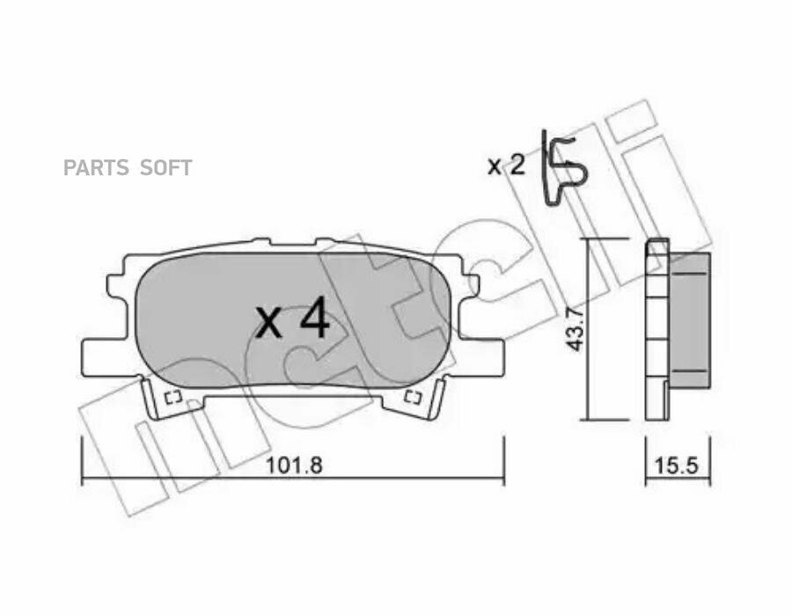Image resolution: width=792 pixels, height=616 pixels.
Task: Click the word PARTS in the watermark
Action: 96,167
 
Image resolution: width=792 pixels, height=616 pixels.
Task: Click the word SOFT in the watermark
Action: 165,167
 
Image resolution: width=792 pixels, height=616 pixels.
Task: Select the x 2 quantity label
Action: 506,165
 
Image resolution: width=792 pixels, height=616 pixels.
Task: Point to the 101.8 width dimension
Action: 294,465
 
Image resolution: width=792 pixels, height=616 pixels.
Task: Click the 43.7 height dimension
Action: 575,329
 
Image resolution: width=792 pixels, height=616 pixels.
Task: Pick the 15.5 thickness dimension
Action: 677,465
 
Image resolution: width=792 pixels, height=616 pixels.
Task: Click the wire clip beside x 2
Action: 565,166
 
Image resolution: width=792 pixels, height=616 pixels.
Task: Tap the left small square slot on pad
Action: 172,398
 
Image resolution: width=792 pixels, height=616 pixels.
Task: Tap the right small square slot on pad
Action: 414,398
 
